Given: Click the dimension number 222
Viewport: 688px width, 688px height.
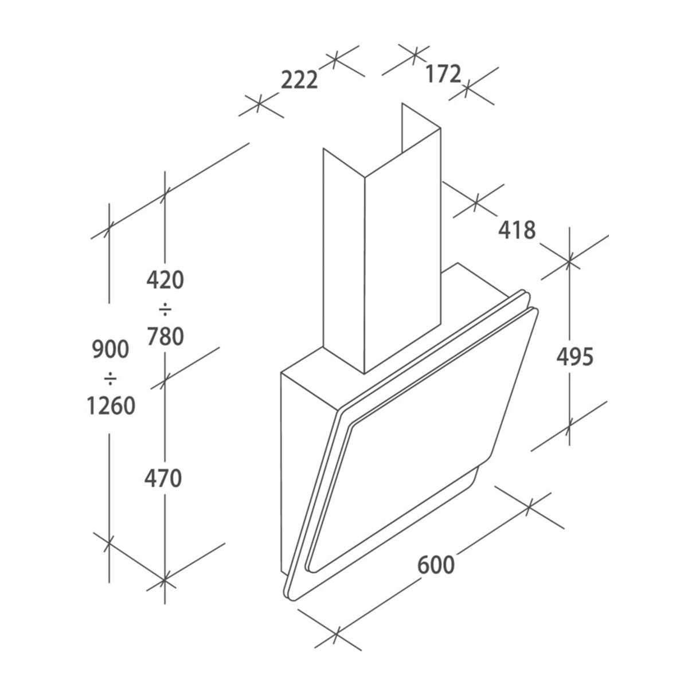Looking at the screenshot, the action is click(299, 80).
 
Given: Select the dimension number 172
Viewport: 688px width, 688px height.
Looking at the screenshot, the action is click(443, 74).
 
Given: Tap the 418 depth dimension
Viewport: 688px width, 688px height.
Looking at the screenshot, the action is click(517, 230).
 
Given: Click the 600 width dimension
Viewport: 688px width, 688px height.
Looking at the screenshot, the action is click(436, 565).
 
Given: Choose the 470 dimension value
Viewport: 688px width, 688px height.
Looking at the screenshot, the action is click(163, 478).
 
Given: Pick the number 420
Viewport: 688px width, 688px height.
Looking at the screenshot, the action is click(165, 280).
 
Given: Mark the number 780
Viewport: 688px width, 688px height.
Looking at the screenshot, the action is click(165, 336).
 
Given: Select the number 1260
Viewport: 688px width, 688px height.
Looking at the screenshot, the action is click(111, 405).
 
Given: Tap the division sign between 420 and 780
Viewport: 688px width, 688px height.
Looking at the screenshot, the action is click(165, 308).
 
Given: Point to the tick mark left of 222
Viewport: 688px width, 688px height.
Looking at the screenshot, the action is click(259, 103).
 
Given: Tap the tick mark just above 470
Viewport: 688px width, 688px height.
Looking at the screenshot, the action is click(164, 380).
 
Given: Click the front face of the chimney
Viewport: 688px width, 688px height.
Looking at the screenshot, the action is click(402, 250).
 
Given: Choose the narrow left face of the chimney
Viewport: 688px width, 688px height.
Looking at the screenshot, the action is click(344, 261).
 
